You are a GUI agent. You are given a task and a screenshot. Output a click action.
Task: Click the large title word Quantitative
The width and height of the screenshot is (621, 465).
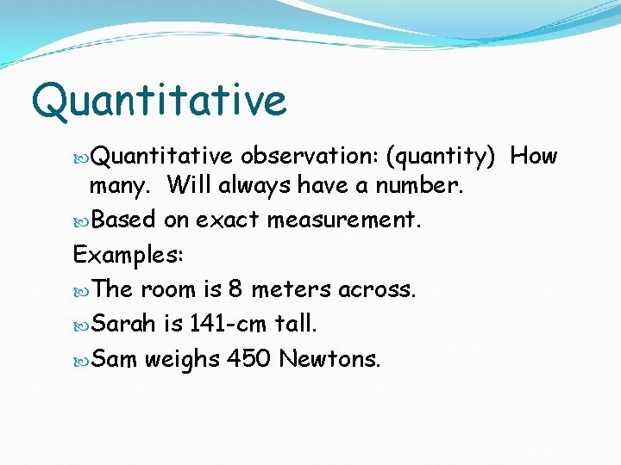pos(159,101)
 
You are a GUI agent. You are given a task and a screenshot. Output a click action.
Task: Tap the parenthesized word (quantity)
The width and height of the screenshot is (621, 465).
pos(440,156)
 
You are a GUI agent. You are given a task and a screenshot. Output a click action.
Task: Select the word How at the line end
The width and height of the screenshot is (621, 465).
pos(534,156)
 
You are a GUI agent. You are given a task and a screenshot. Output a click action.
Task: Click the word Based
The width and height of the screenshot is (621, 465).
pos(123,220)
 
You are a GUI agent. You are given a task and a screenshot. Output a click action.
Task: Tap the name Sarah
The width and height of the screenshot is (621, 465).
pos(123,324)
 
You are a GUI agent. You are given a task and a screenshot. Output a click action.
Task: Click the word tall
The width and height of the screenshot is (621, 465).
pos(296,324)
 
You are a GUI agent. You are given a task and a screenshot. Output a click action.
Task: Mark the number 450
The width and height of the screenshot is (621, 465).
pos(249,358)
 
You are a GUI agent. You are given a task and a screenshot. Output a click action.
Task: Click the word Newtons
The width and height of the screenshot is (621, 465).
pos(329,358)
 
